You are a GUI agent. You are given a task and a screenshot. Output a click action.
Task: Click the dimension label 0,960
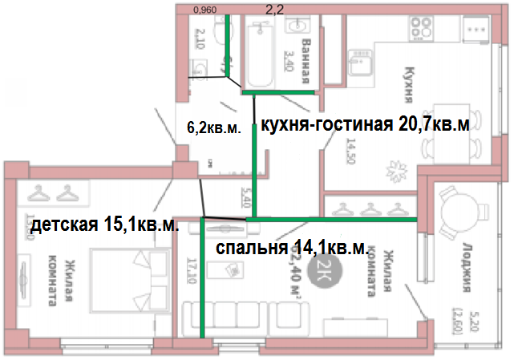206,10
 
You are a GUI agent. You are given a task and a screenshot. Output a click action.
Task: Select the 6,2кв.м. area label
213,127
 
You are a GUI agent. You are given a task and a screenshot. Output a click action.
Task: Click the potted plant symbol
395,169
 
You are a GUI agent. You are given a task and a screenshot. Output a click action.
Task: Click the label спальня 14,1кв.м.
292,248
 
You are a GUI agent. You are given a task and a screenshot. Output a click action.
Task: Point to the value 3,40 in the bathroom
289,59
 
